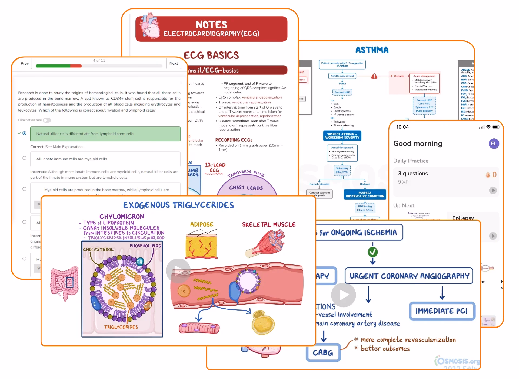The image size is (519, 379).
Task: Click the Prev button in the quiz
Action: click(25, 63)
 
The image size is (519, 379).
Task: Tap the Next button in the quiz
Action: click(174, 63)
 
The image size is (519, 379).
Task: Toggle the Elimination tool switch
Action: click(47, 120)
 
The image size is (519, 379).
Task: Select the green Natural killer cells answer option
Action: click(105, 134)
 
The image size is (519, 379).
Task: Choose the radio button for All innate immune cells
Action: click(24, 158)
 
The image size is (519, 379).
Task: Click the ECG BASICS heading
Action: click(211, 55)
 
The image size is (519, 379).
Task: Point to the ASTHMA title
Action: click(372, 50)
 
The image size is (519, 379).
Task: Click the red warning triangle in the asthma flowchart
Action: click(374, 76)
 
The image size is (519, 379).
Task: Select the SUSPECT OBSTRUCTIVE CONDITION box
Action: click(365, 194)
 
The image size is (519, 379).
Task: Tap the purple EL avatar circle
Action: click(494, 144)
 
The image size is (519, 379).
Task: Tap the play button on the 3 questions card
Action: click(493, 190)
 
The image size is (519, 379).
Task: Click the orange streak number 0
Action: click(494, 175)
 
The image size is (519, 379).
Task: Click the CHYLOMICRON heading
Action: click(122, 216)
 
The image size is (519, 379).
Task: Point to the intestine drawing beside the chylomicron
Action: click(64, 283)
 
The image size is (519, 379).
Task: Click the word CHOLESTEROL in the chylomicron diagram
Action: click(98, 250)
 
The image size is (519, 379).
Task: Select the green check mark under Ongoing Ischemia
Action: click(372, 252)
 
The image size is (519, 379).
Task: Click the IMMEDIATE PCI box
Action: click(442, 311)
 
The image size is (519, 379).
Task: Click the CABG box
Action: click(323, 352)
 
